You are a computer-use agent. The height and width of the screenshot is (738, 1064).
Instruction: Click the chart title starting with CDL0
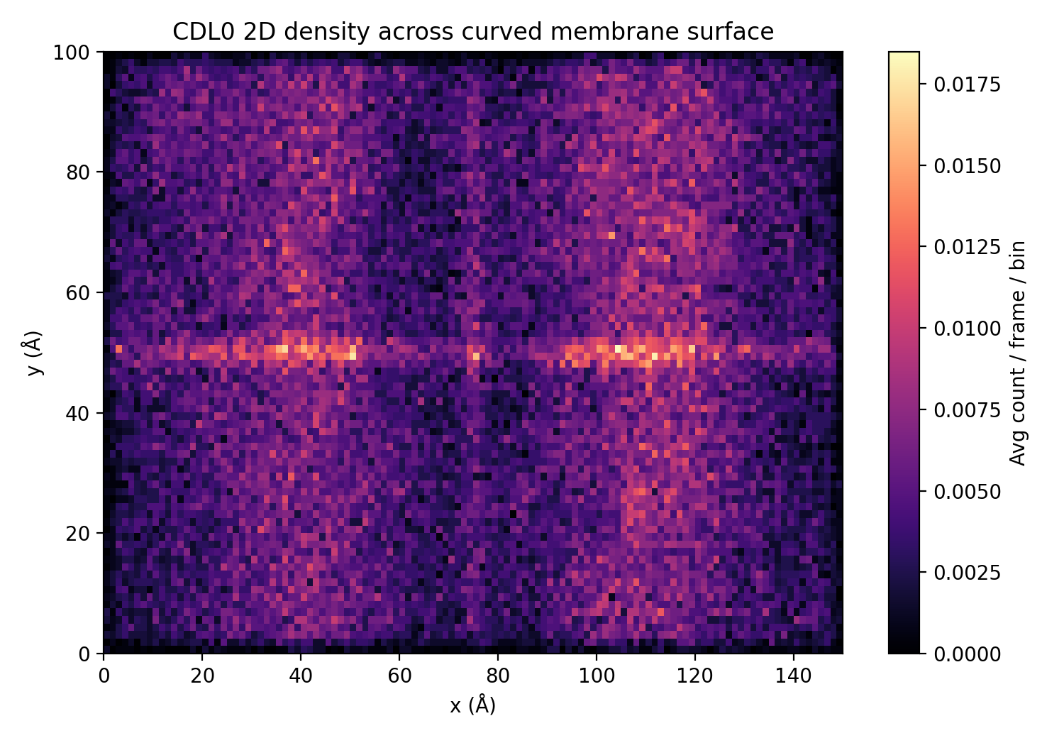point(473,32)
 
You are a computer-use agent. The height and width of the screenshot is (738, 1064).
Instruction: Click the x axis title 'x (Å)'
point(473,705)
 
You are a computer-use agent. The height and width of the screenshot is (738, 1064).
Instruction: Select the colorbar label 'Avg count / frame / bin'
point(1018,353)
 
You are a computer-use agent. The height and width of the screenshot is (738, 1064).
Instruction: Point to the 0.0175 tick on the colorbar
point(967,84)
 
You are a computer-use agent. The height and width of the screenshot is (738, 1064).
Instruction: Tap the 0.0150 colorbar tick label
point(967,165)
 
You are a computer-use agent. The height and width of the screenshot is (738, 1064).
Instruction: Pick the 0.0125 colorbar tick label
point(967,247)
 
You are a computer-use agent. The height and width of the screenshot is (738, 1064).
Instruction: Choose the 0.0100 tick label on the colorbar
point(967,329)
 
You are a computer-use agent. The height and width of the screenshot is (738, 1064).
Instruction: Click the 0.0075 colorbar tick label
point(967,410)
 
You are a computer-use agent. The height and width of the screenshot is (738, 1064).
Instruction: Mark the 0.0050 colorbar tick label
point(967,492)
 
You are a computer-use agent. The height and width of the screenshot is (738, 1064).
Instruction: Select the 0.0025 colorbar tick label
point(967,573)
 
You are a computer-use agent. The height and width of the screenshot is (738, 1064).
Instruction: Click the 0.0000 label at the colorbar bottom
point(967,654)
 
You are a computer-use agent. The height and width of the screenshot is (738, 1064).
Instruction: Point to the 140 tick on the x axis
point(794,676)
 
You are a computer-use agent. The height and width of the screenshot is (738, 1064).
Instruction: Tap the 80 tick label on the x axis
point(498,676)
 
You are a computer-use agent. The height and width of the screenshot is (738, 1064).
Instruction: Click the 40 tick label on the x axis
point(301,676)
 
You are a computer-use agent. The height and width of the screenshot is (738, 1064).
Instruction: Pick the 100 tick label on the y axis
point(72,53)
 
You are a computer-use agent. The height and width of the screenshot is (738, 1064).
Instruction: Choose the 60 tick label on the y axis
point(76,293)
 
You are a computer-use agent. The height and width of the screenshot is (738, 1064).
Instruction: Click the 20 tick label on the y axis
point(76,534)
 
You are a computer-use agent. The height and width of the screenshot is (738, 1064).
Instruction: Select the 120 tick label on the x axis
point(695,676)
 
